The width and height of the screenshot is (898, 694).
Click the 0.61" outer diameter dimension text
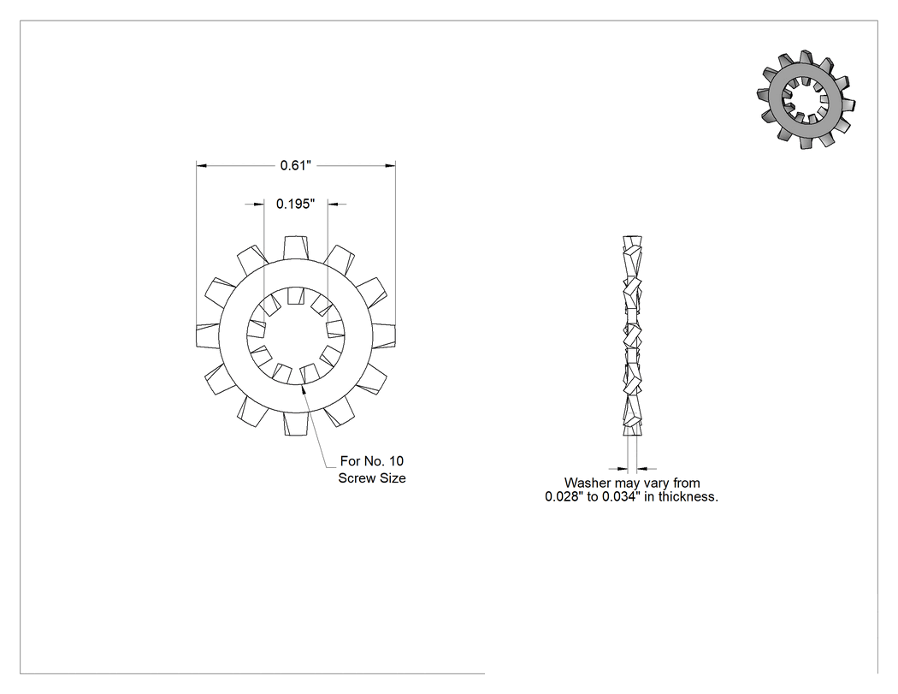click(x=296, y=166)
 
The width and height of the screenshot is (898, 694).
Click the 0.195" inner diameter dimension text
click(x=296, y=204)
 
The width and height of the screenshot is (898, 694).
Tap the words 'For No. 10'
click(x=372, y=461)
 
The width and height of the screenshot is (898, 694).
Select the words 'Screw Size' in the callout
click(x=372, y=478)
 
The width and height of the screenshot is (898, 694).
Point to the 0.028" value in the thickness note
click(x=564, y=497)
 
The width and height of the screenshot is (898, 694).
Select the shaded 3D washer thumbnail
click(x=806, y=100)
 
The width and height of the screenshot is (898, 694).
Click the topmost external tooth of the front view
click(x=296, y=248)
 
